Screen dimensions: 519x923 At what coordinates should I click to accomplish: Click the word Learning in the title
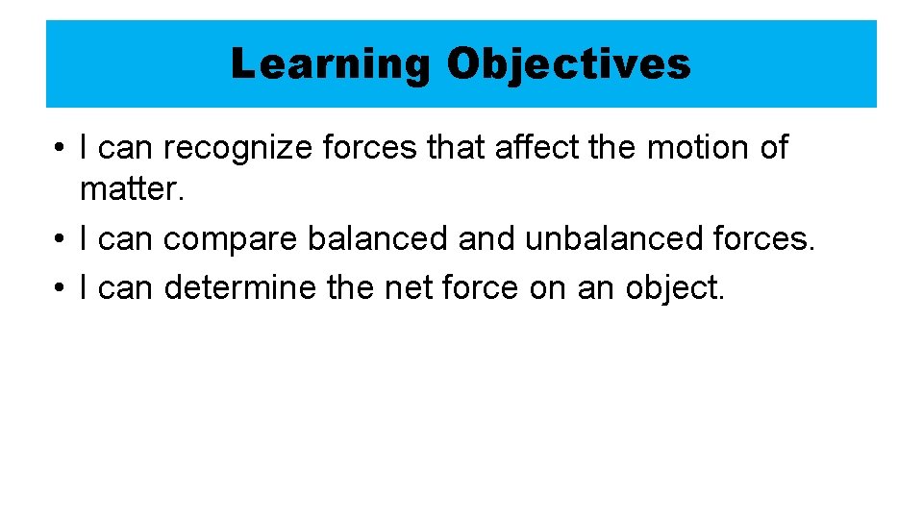(x=331, y=64)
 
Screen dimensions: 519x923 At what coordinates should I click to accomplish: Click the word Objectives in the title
(x=568, y=64)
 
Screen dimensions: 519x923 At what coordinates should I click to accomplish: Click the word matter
(x=131, y=188)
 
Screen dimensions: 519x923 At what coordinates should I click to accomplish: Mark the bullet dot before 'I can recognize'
(x=61, y=149)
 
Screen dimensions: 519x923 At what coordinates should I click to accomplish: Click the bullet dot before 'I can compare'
(x=61, y=239)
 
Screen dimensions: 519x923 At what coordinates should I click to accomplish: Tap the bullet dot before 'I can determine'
(x=61, y=287)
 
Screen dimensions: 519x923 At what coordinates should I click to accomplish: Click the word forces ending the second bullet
(x=766, y=238)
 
